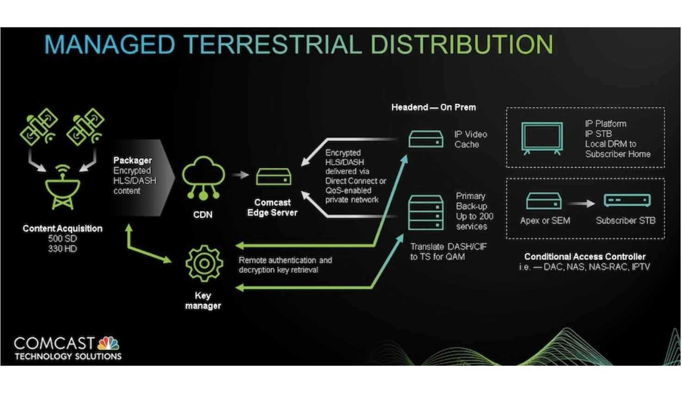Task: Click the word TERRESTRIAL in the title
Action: coord(273,44)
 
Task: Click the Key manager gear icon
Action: coord(204,264)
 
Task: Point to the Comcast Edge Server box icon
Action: coord(274,177)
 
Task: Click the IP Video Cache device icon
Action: coord(426,139)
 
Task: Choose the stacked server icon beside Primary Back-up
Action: coord(426,213)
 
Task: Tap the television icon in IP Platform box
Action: coord(542,137)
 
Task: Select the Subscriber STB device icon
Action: coord(627,201)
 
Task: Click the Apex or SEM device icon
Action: coord(544,201)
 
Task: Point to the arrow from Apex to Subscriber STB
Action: coord(582,203)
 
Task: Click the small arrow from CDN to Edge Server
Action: coord(240,175)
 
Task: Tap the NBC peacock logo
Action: coord(108,344)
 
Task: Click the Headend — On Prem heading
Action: coord(433,107)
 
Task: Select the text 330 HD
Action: coord(62,249)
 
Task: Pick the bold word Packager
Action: coord(133,160)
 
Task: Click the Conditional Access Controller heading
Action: coord(585,257)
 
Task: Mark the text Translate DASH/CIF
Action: coord(449,246)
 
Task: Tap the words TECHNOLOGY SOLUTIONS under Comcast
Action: coord(68,356)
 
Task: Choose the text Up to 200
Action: coord(475,216)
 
